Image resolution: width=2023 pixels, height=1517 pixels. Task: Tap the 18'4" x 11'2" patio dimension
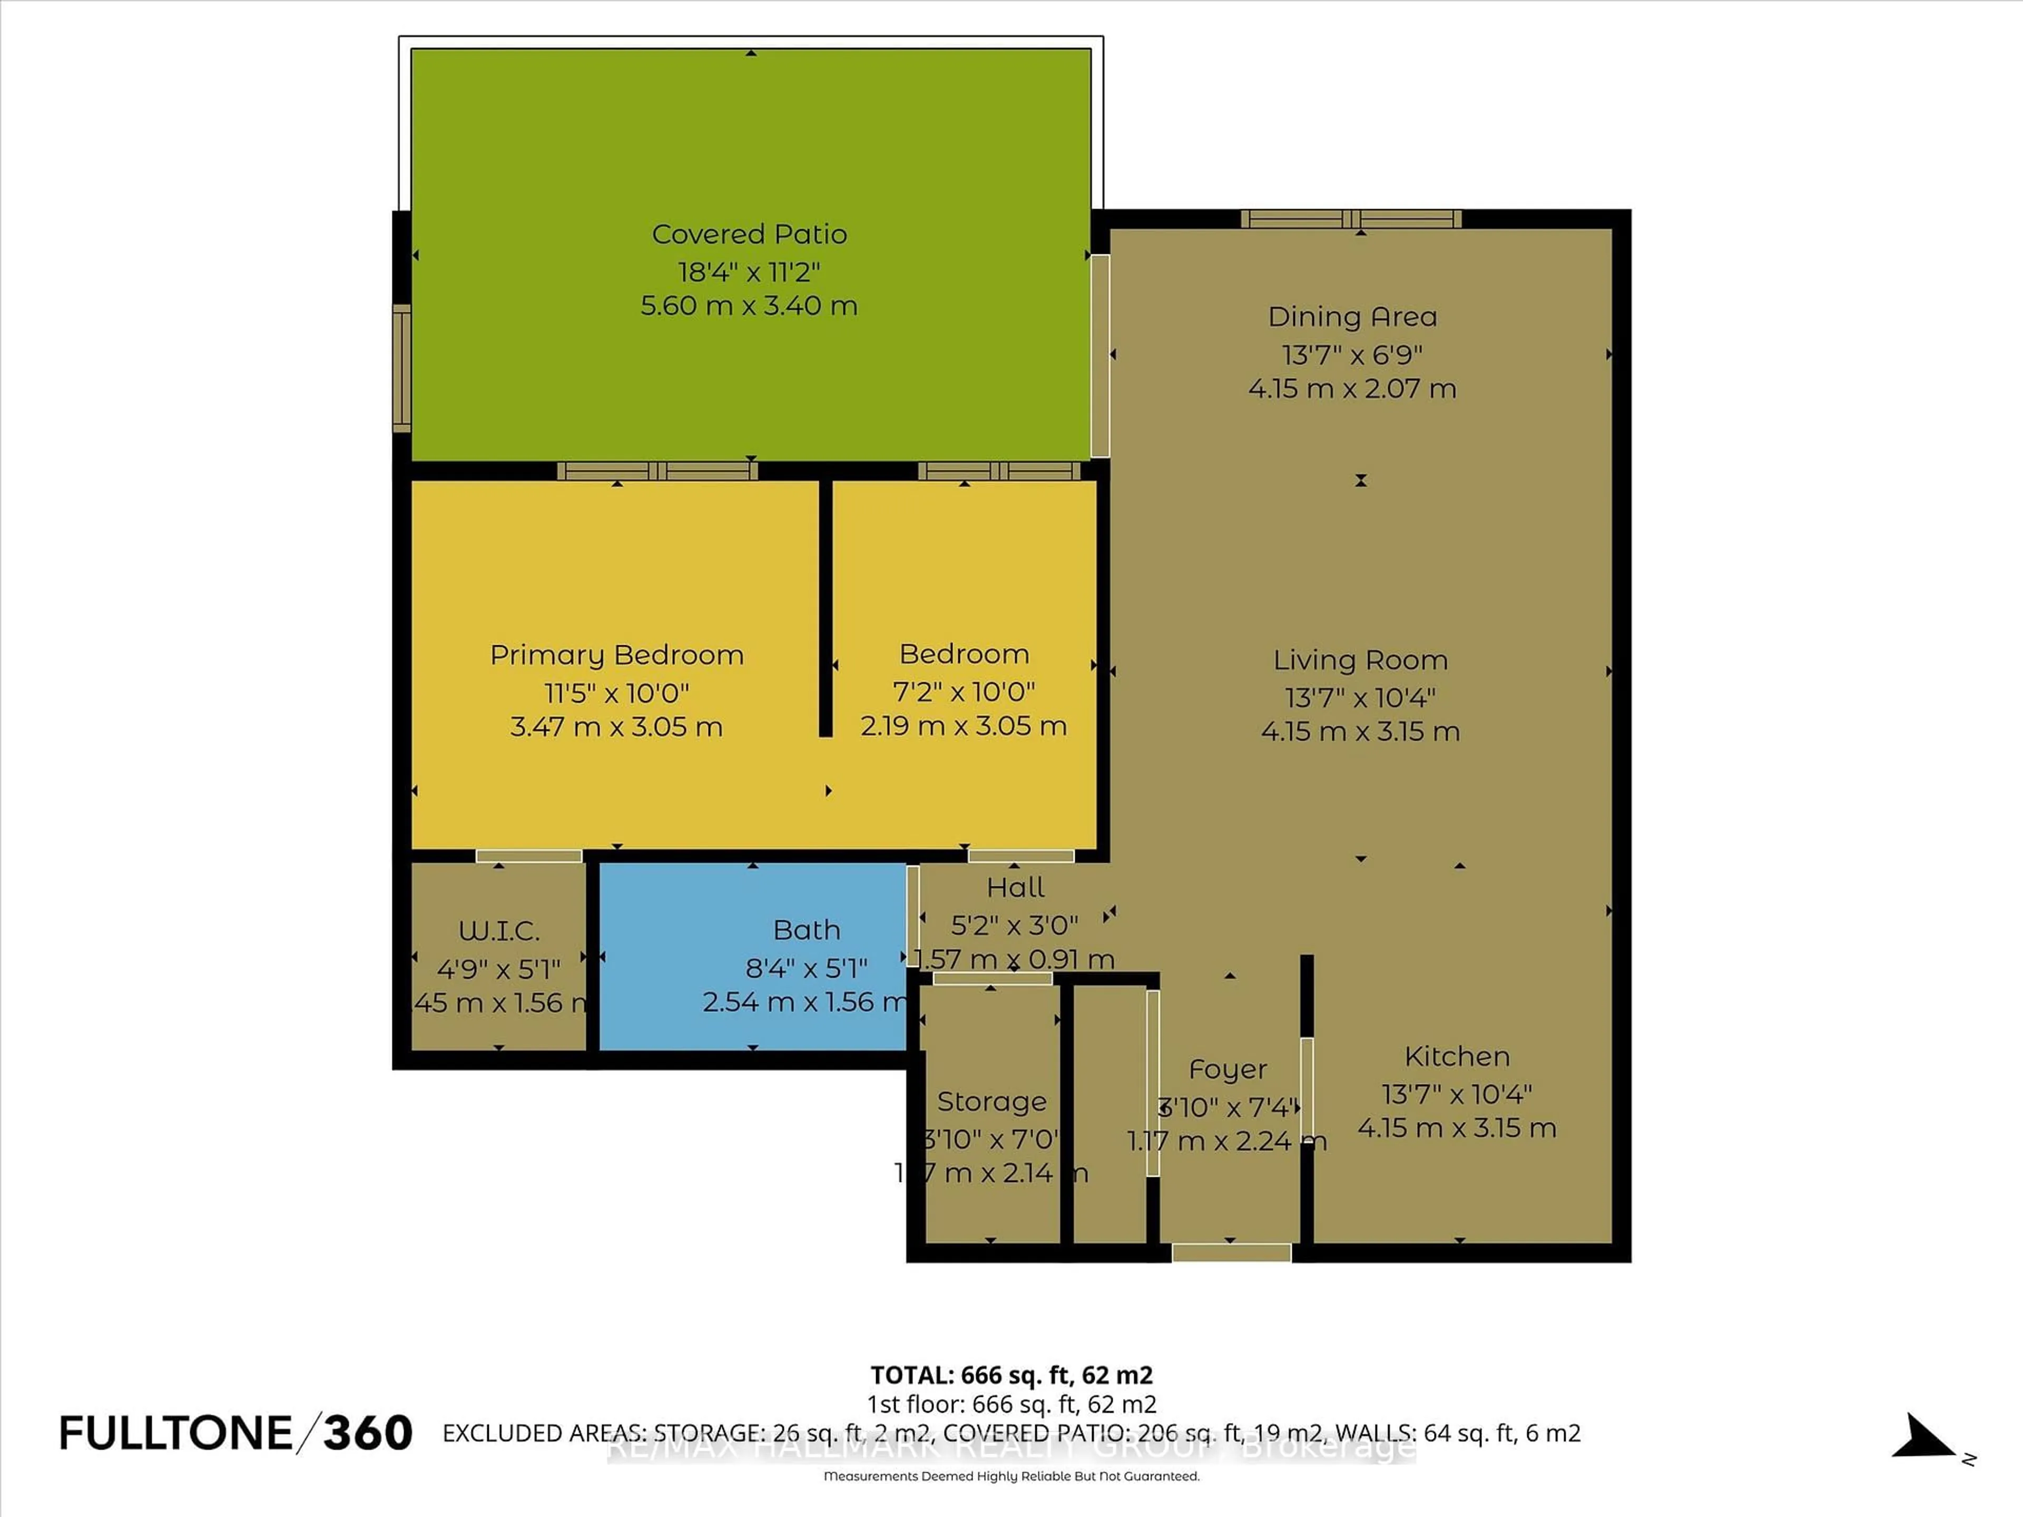pos(749,272)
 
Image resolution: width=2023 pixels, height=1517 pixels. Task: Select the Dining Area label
pos(1352,317)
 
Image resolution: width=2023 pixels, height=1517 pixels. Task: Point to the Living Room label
pos(1360,659)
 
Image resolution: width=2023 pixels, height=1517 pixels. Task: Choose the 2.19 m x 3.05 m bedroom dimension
pos(963,726)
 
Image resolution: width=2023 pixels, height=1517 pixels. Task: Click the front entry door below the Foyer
pos(1231,1253)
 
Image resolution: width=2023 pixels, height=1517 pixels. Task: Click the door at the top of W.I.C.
pos(528,856)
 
